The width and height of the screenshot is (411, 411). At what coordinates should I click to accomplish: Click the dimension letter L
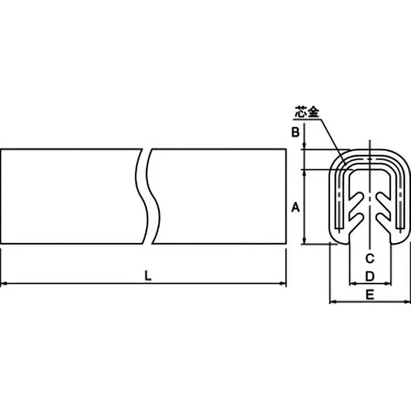(148, 276)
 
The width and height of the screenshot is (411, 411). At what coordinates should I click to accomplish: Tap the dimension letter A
(295, 208)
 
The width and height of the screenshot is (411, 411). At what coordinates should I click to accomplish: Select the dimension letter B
(295, 132)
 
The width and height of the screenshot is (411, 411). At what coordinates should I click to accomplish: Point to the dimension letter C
(370, 259)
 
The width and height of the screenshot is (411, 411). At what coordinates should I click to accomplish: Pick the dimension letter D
(370, 276)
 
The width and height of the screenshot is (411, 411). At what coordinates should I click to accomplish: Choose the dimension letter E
(370, 295)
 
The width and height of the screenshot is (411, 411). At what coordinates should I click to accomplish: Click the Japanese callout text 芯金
(307, 112)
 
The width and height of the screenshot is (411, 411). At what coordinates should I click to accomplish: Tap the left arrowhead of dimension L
(4, 284)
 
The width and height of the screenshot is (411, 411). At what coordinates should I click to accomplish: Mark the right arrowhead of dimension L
(283, 284)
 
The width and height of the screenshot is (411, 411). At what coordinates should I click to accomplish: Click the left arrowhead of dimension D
(353, 284)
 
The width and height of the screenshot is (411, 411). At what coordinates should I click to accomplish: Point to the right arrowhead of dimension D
(388, 284)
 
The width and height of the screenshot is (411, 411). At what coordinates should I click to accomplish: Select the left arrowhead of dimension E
(332, 302)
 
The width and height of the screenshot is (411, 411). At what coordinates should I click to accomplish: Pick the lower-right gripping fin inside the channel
(384, 220)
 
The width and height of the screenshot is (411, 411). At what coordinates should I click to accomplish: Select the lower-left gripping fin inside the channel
(356, 220)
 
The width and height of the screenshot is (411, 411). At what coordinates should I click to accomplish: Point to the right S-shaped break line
(153, 196)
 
